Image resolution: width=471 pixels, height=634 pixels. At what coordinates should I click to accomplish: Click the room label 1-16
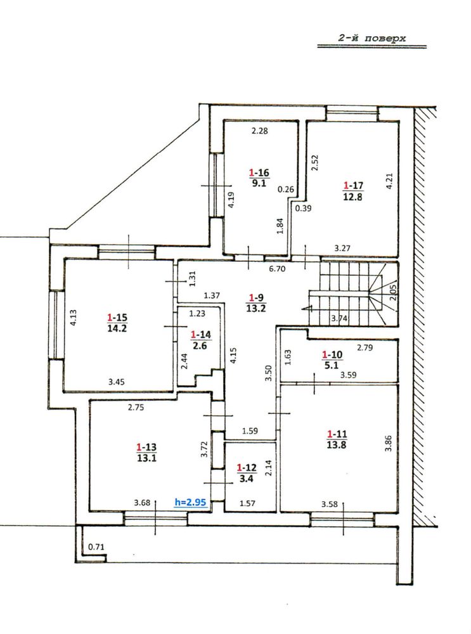pos(259,172)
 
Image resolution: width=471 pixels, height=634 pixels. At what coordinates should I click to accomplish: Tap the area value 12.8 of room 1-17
pos(352,197)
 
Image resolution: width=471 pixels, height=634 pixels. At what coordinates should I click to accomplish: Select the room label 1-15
pos(117,317)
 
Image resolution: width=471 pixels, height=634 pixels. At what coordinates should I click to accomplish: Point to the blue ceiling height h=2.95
pos(190,502)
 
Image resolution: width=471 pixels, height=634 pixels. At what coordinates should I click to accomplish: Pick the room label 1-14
pos(200,334)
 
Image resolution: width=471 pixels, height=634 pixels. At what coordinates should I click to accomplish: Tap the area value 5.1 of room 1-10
pos(331,366)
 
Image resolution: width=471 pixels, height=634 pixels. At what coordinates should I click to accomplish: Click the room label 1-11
pos(337,434)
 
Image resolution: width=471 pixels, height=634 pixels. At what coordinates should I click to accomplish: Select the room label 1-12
pos(247,467)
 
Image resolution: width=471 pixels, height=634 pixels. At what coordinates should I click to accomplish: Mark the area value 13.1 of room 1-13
pos(146,458)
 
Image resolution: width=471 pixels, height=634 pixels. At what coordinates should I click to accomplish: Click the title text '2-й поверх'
pos(372,39)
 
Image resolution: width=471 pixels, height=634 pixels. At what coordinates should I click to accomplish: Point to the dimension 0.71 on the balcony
pos(96,547)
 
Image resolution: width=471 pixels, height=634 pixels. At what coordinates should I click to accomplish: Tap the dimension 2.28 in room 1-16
pos(259,131)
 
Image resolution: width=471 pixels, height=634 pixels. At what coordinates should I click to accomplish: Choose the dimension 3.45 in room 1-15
pos(116,381)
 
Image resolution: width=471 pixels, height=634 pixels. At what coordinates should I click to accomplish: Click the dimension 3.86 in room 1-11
pos(389,443)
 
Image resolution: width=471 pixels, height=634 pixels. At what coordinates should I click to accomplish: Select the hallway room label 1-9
pos(256,298)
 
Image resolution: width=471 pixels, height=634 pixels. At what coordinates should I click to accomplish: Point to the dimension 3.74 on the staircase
pos(339,318)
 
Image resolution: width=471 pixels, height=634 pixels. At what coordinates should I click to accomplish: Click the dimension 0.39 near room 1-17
pos(303,208)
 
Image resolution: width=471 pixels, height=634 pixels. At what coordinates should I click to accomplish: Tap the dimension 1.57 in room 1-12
pos(248,503)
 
